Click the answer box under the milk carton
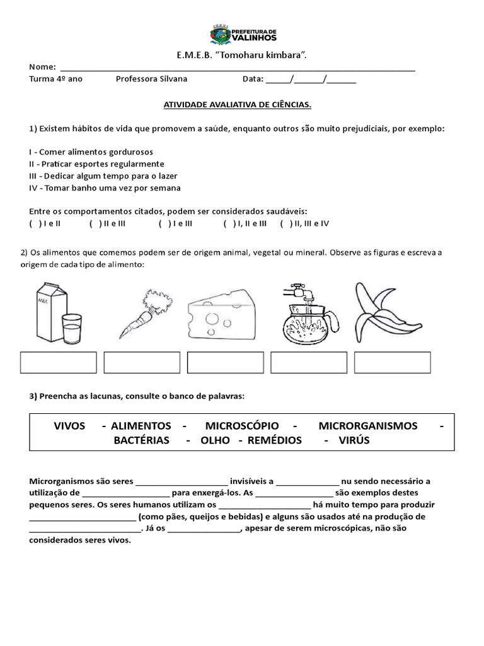(59, 363)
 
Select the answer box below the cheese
(225, 363)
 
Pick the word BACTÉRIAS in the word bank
(141, 440)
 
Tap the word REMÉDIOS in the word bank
(275, 440)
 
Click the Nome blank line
(236, 67)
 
